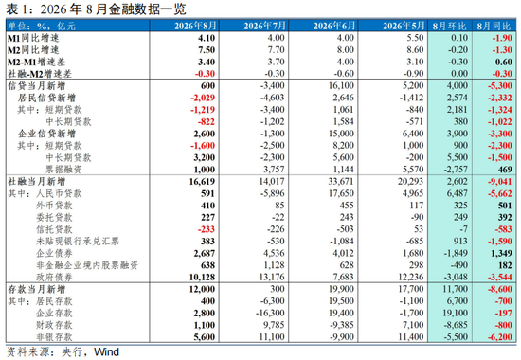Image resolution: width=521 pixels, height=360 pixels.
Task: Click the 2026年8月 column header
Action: click(x=195, y=26)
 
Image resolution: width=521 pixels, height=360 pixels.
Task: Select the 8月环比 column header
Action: click(x=449, y=26)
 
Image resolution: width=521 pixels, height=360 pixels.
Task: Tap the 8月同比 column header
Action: click(x=494, y=26)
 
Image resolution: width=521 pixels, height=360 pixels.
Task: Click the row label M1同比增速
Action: click(x=33, y=38)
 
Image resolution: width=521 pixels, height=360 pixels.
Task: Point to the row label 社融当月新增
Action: click(x=37, y=182)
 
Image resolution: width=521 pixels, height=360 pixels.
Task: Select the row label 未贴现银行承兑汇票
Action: click(x=78, y=242)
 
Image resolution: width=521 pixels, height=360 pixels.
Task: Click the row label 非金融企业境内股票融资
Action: click(x=87, y=265)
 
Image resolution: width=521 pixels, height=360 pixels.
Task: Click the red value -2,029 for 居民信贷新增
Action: click(x=203, y=98)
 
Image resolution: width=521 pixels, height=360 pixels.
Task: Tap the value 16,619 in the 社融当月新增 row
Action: click(x=202, y=182)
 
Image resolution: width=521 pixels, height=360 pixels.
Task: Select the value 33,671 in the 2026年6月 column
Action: click(x=341, y=182)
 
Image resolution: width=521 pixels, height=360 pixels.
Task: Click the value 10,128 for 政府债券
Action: click(x=202, y=278)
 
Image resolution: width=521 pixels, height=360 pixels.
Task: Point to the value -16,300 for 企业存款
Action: click(x=270, y=314)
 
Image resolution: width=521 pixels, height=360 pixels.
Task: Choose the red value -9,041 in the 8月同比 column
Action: click(x=500, y=182)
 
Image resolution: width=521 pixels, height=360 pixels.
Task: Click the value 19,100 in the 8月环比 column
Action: click(x=456, y=314)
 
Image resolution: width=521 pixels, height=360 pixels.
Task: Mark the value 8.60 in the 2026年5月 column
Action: click(x=415, y=50)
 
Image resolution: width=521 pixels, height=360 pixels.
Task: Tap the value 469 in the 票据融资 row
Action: click(x=505, y=170)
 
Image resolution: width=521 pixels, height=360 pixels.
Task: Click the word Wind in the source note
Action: click(x=106, y=352)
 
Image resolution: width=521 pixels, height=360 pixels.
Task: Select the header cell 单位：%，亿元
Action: click(x=42, y=26)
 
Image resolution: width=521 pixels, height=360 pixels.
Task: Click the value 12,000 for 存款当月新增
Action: click(x=202, y=289)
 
